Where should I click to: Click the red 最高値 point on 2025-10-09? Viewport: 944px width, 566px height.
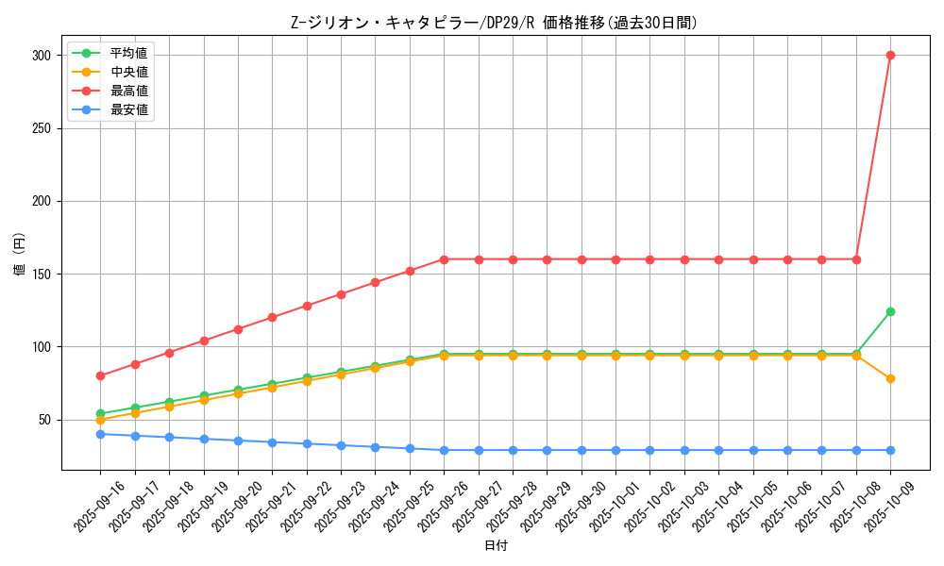(890, 55)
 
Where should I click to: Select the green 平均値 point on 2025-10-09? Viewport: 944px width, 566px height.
(890, 311)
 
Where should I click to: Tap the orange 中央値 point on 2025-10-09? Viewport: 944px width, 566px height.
(890, 378)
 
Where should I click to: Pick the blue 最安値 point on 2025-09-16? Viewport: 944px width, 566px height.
(100, 434)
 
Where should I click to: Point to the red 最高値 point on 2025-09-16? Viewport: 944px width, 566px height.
(100, 375)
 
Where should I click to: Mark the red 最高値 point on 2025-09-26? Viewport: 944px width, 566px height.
(444, 259)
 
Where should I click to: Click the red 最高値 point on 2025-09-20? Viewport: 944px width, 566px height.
(238, 329)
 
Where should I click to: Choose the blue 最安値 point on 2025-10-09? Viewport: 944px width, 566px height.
(890, 450)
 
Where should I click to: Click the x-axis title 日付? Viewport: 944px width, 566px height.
(496, 546)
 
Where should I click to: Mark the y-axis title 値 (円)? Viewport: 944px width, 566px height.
(19, 255)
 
